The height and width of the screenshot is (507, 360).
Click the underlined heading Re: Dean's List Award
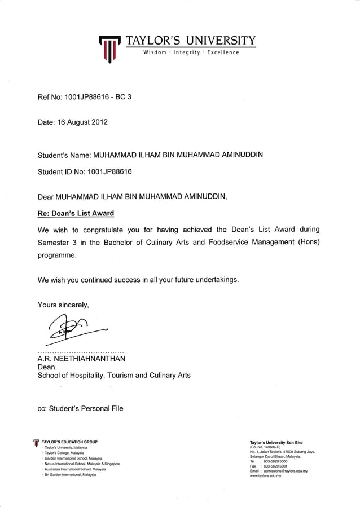pyautogui.click(x=76, y=213)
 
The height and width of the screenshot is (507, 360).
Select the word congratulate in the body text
pyautogui.click(x=105, y=230)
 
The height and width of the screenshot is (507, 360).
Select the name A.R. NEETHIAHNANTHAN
pyautogui.click(x=81, y=358)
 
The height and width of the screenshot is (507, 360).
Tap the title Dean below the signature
pyautogui.click(x=46, y=367)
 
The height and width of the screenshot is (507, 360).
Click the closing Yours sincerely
pyautogui.click(x=63, y=305)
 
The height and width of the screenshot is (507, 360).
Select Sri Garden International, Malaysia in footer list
pyautogui.click(x=71, y=475)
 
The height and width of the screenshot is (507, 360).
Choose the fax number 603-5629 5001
pyautogui.click(x=274, y=466)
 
